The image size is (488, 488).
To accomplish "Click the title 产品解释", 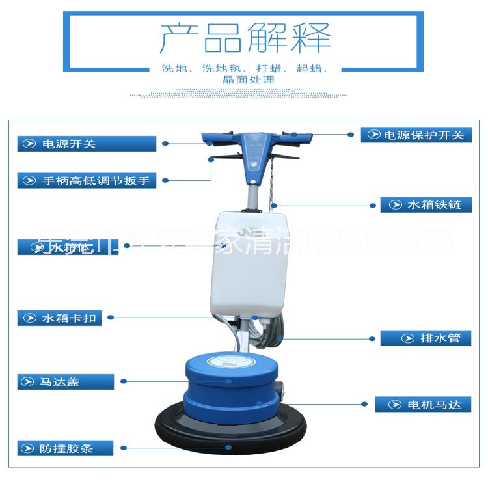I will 245,38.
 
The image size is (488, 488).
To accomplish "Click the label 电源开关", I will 87,144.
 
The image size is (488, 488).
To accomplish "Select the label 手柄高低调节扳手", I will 87,181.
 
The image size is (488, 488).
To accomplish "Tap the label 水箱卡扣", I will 60,318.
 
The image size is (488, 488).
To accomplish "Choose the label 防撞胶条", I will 65,448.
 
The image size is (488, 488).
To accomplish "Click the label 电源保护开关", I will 416,135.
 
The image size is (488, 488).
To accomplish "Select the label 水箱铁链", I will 426,204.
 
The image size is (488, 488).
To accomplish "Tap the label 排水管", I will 426,338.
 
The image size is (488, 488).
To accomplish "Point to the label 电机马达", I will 423,405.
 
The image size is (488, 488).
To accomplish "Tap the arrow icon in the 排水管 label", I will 408,338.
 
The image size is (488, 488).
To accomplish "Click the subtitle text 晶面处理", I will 248,80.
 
